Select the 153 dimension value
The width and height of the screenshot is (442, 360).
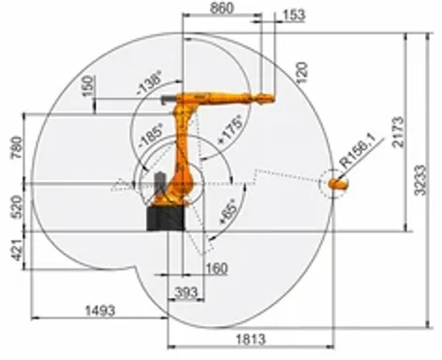[294, 16]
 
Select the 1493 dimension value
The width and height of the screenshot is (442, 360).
[98, 310]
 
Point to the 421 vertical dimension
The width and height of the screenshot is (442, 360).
[16, 251]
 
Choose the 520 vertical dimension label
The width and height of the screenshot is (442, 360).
[16, 206]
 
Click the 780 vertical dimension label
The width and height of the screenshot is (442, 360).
[16, 147]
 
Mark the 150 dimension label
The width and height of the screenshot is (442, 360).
[93, 85]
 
